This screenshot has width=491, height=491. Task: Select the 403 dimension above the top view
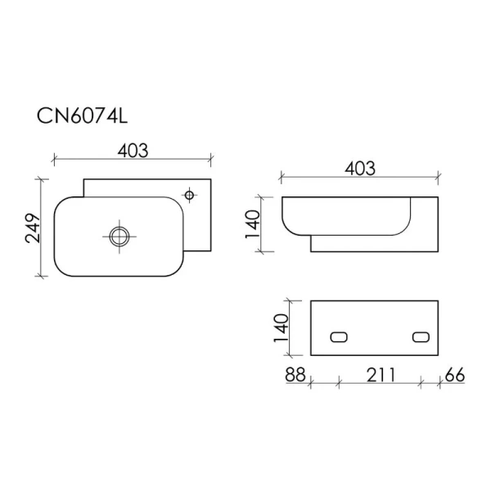[x=132, y=150]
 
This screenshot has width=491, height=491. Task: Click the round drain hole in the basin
[x=119, y=236]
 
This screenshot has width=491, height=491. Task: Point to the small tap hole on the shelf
[x=190, y=195]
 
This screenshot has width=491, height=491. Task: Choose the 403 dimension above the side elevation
[x=359, y=169]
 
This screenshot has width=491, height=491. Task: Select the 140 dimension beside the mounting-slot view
[x=281, y=327]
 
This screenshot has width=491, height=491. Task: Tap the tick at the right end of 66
[x=439, y=381]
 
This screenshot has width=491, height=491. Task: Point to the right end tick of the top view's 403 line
[x=211, y=155]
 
